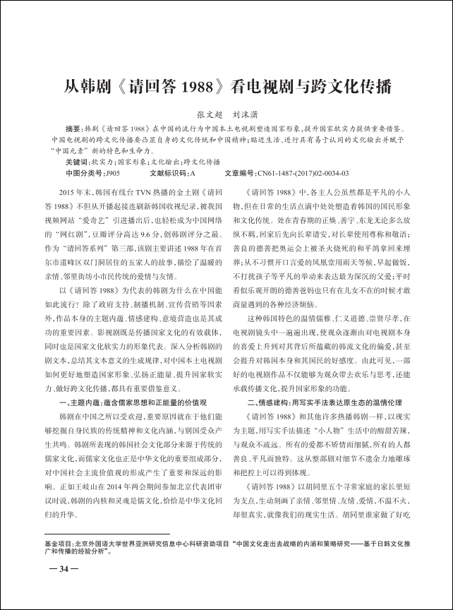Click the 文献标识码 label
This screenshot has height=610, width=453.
click(167, 172)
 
